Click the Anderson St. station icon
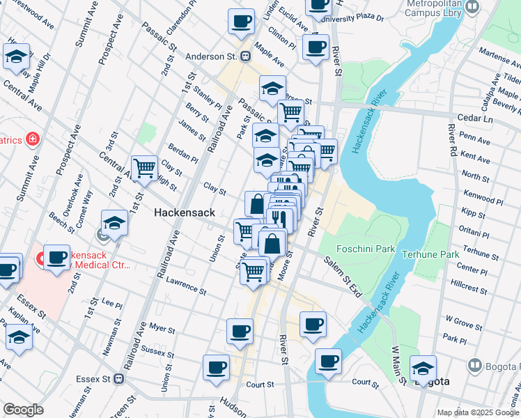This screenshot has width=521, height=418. [245, 57]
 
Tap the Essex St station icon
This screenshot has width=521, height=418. [119, 380]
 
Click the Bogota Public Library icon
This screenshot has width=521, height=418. [475, 365]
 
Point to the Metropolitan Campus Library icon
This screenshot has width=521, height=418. [474, 8]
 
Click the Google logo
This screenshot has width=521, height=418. [23, 410]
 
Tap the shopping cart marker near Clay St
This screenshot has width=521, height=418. [144, 167]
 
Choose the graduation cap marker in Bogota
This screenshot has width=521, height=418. [423, 368]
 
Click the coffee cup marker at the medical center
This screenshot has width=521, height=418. [56, 256]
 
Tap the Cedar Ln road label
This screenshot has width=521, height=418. [475, 118]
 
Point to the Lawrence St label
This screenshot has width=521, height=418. [185, 286]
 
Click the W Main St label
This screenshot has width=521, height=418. [398, 364]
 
